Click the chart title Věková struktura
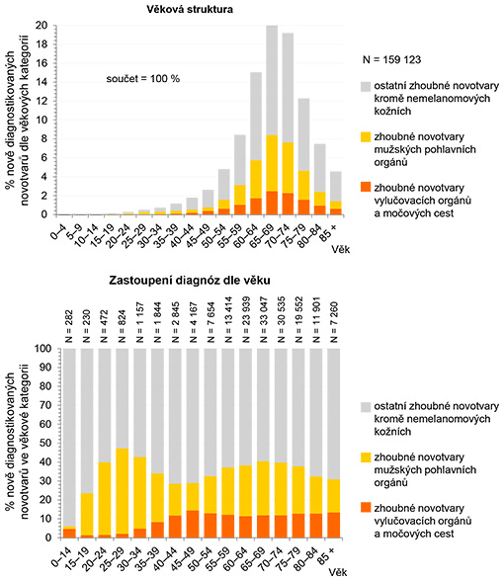tap(190, 9)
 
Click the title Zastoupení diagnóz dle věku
tap(190, 281)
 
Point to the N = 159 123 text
tap(391, 59)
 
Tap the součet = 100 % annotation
tap(143, 79)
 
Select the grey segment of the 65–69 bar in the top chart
tap(272, 80)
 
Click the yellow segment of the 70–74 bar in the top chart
tap(288, 168)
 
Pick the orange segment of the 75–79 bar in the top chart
tap(304, 207)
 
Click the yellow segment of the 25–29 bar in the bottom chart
tap(122, 491)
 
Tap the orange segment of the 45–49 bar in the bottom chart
tap(193, 524)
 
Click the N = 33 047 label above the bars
tap(263, 320)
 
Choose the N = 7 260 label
tap(334, 322)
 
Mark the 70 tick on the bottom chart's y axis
tap(44, 405)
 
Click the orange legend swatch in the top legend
tap(366, 187)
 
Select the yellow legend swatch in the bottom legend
tap(366, 457)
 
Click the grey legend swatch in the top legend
tap(366, 86)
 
